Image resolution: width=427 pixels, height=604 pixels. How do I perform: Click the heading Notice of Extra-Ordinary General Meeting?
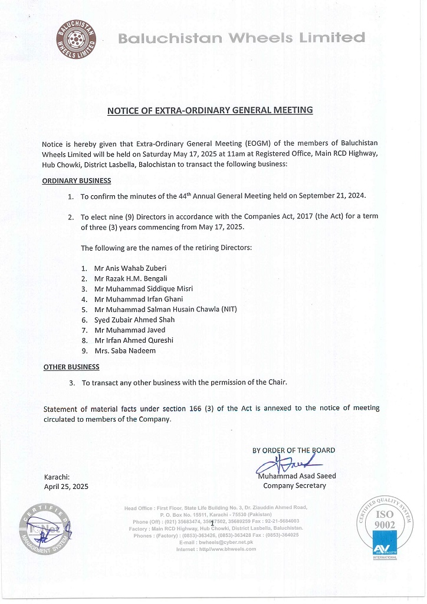tap(209, 110)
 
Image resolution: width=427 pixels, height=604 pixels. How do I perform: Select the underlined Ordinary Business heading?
tap(77, 180)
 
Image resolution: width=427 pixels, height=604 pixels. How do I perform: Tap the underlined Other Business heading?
tap(71, 367)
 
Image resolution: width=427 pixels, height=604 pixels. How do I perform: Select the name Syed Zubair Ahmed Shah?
tap(134, 320)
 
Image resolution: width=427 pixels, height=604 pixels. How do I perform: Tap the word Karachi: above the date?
tap(57, 477)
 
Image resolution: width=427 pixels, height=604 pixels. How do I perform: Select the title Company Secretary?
tap(294, 486)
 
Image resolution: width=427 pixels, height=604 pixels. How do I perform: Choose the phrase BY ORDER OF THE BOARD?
tap(294, 451)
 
